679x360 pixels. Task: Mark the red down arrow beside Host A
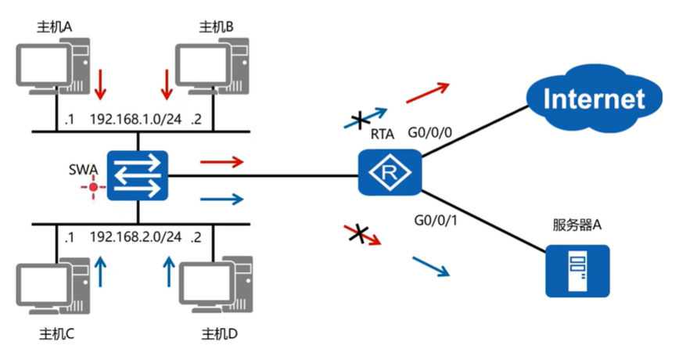(x=99, y=85)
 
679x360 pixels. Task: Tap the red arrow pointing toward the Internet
(x=427, y=92)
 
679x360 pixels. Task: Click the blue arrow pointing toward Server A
(x=431, y=266)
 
